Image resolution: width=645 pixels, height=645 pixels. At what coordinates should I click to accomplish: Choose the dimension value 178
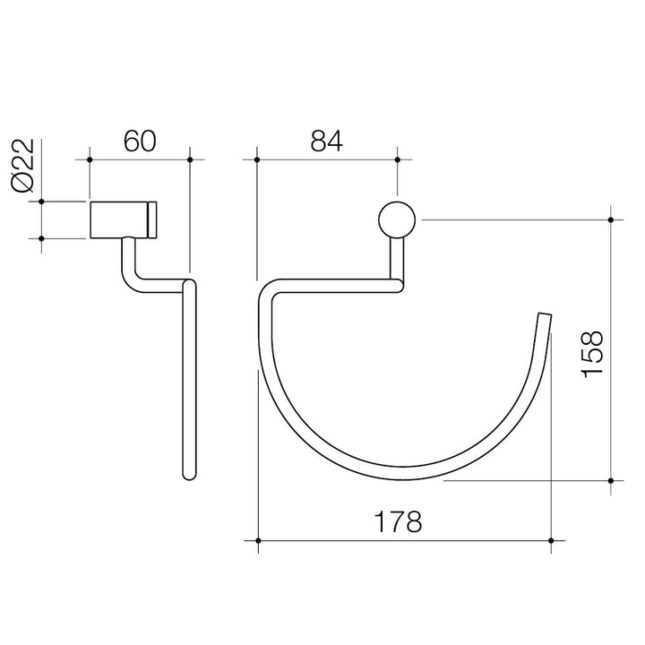400,521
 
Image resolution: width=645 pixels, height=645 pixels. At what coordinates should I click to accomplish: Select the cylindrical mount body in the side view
120,219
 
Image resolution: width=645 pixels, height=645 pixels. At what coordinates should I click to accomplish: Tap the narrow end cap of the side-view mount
155,219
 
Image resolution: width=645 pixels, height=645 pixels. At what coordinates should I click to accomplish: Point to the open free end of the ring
543,316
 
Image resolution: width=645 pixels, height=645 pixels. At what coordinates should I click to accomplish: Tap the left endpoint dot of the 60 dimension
90,160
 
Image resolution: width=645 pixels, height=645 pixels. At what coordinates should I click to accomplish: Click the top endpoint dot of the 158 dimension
611,219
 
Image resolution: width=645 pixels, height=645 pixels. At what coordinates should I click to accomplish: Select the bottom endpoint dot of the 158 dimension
611,480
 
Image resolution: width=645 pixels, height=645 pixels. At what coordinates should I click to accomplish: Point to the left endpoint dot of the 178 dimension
258,541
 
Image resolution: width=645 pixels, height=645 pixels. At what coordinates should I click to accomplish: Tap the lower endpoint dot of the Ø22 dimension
41,237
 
